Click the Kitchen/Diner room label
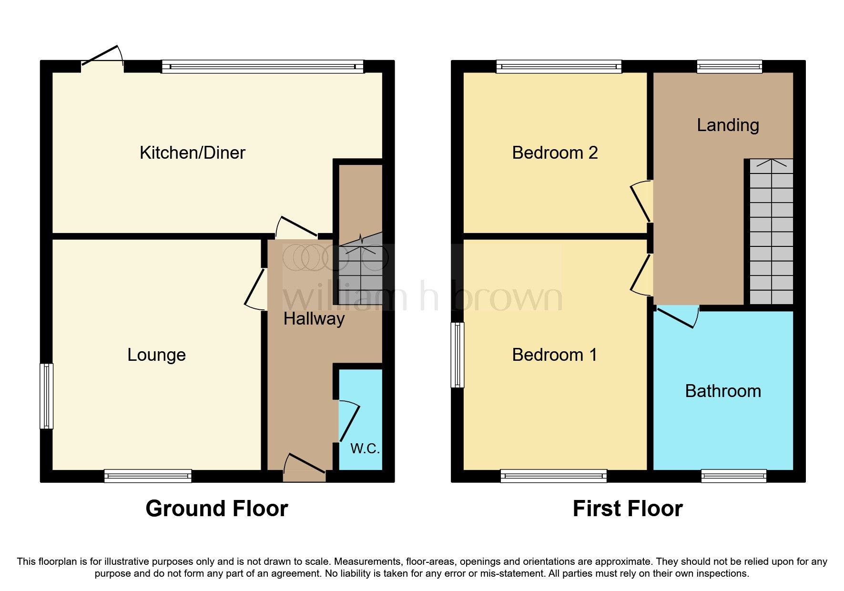pyautogui.click(x=192, y=153)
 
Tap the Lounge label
pyautogui.click(x=156, y=355)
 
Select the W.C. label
pyautogui.click(x=365, y=448)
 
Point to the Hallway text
pyautogui.click(x=314, y=319)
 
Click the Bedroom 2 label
pyautogui.click(x=554, y=153)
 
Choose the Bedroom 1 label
pyautogui.click(x=554, y=355)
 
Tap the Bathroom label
pyautogui.click(x=722, y=391)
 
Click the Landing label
pyautogui.click(x=727, y=125)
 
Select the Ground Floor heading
pyautogui.click(x=216, y=509)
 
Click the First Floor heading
pyautogui.click(x=627, y=509)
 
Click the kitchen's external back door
pyautogui.click(x=102, y=56)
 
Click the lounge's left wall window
pyautogui.click(x=46, y=396)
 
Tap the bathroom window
pyautogui.click(x=733, y=476)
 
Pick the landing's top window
pyautogui.click(x=729, y=66)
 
